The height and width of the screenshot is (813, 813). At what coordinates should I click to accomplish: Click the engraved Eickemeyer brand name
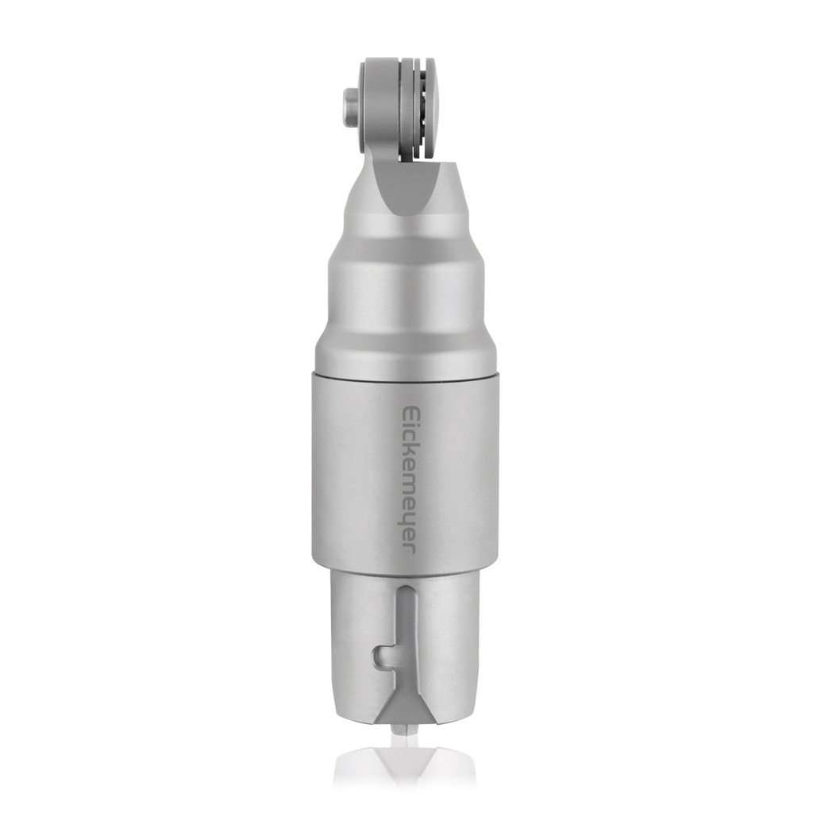pos(408,480)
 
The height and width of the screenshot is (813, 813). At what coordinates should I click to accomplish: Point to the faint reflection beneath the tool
pos(404,766)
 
